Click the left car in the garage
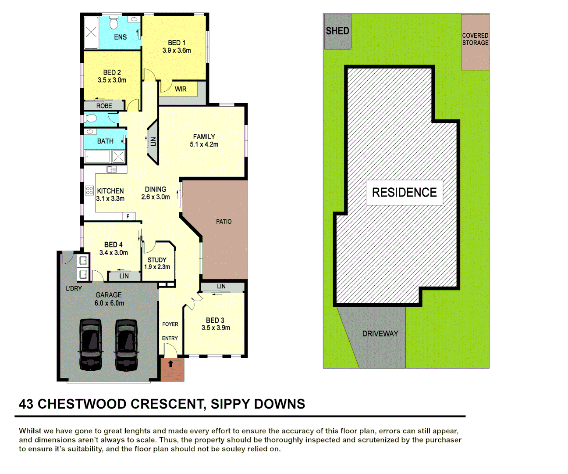(91, 345)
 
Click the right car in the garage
(127, 345)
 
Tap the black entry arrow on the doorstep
(171, 364)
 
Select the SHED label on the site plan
(337, 31)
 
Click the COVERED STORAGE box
(475, 42)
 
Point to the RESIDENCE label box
(404, 192)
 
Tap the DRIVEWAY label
(380, 334)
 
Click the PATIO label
(224, 222)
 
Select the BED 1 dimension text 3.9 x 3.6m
(177, 50)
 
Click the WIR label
(181, 89)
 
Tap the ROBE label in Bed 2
(104, 106)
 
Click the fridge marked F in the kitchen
(128, 216)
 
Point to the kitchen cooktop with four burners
(89, 190)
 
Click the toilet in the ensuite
(114, 23)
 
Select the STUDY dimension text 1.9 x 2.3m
(157, 267)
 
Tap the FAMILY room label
(204, 136)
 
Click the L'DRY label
(74, 288)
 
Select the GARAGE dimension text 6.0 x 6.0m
(109, 303)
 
